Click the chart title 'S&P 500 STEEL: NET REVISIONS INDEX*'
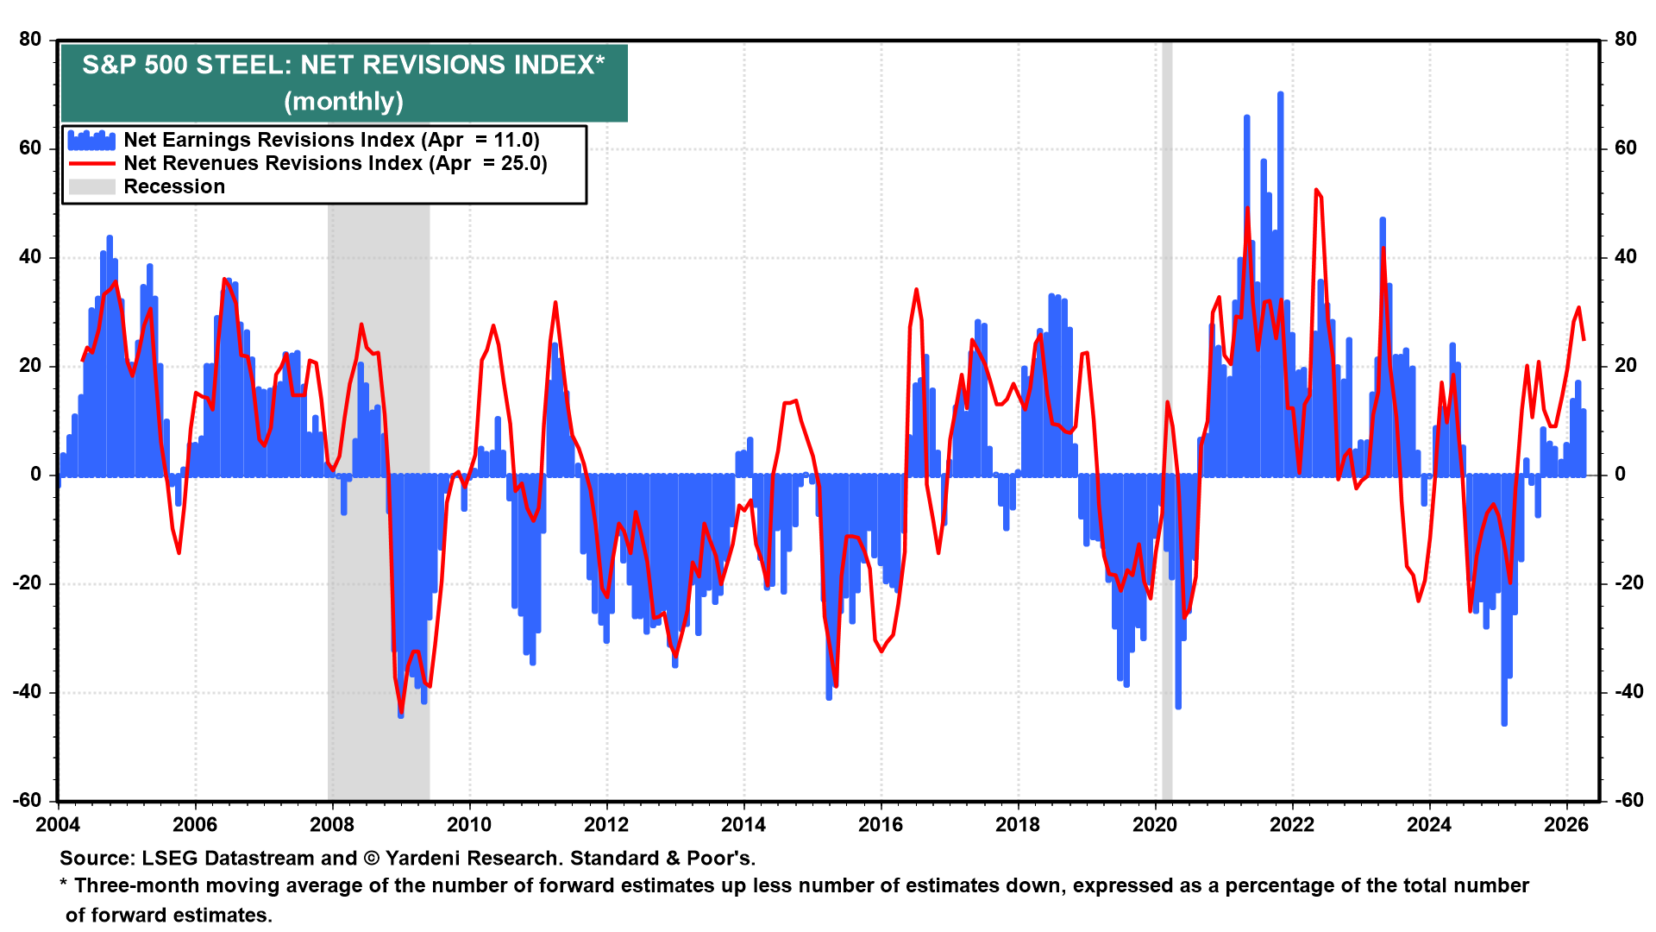(x=343, y=65)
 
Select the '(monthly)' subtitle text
(x=343, y=101)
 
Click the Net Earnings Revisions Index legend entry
(x=331, y=140)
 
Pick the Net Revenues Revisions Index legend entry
(x=335, y=163)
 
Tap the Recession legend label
(x=174, y=186)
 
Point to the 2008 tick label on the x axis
(x=332, y=824)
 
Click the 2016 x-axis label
(x=881, y=824)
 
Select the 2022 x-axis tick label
(x=1292, y=824)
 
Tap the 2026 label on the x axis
(x=1566, y=824)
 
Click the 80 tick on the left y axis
(x=30, y=39)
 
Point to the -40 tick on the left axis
(x=27, y=691)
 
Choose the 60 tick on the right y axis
(x=1625, y=148)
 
